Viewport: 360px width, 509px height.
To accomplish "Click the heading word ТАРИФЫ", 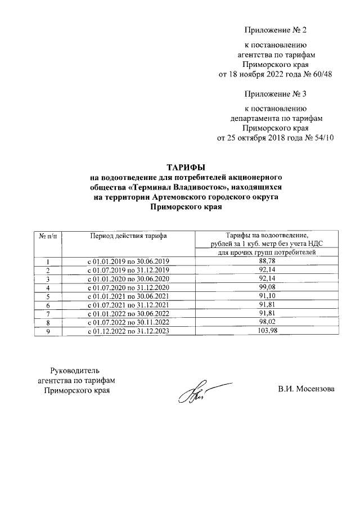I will click(x=186, y=168).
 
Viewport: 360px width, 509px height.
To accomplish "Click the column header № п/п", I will click(x=48, y=235).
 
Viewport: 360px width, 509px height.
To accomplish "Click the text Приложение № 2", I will click(x=276, y=29).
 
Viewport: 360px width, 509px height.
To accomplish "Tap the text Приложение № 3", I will click(x=276, y=93).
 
